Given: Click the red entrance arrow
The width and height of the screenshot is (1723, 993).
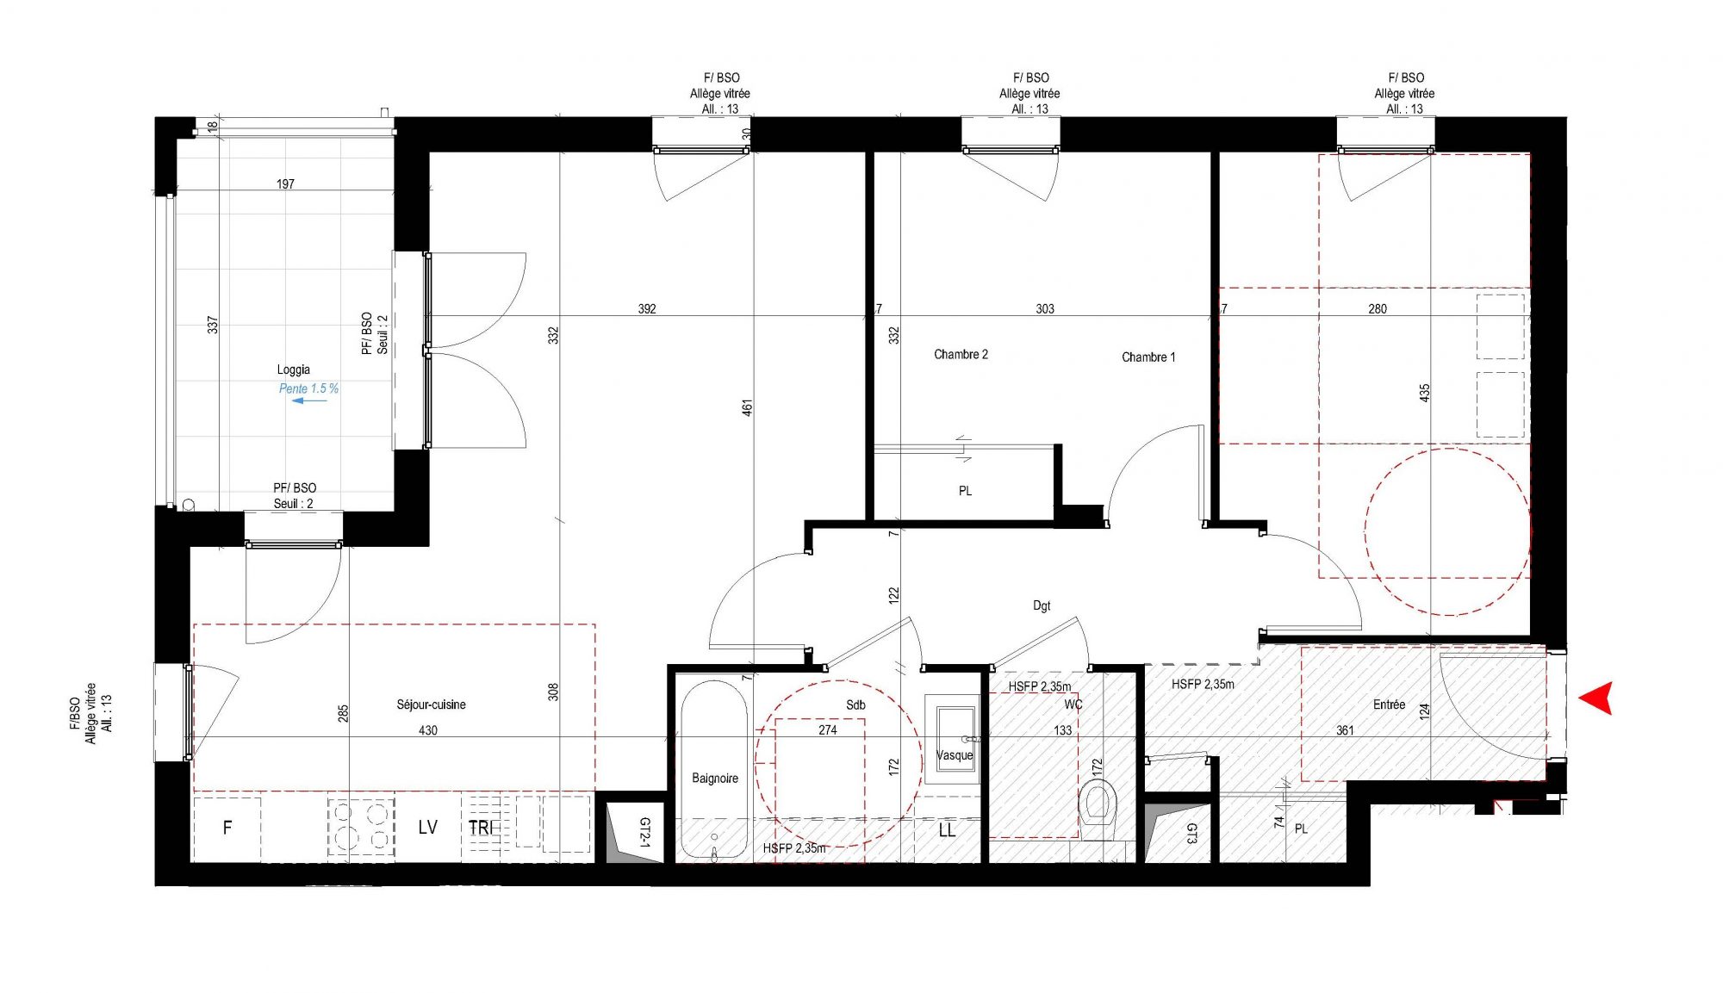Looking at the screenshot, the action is [1595, 698].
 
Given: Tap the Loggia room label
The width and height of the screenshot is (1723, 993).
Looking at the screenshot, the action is [293, 370].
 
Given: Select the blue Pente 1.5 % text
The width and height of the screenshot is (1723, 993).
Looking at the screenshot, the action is [308, 388].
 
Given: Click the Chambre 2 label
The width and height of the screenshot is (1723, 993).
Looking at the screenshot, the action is [961, 354].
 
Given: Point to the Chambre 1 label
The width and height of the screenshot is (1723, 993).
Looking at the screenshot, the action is [1148, 357].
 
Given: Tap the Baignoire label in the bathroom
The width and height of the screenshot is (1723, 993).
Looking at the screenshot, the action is [715, 779].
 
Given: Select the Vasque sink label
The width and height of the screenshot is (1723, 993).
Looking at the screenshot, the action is [955, 755].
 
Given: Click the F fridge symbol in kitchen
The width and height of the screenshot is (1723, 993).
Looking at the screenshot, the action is [227, 828].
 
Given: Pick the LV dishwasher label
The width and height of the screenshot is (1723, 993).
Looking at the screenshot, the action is [427, 828].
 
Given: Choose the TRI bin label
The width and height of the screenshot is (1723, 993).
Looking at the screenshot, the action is [481, 828].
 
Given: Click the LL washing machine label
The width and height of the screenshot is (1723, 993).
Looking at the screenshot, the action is [947, 830].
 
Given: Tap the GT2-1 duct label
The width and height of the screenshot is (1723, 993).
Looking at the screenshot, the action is [644, 833].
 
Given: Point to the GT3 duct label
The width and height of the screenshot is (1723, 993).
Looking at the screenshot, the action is [1191, 833].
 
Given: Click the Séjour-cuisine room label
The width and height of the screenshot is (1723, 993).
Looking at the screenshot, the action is [431, 704].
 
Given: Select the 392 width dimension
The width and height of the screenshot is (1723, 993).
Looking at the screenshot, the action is [647, 309].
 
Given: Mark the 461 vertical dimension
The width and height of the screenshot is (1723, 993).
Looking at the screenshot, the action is [747, 407].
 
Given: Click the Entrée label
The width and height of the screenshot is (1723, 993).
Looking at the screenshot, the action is [1389, 704].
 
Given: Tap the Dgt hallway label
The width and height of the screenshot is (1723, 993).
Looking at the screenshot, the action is [1042, 606].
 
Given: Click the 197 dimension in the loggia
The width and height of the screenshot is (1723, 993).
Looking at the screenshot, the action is [285, 184].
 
